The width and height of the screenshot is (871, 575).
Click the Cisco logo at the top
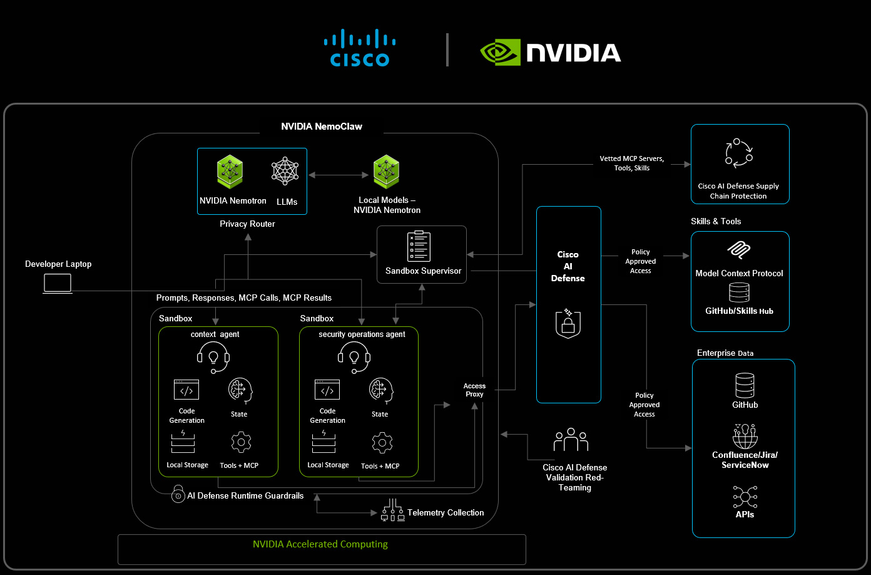pos(360,48)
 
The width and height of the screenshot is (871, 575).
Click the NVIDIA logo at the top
pos(551,53)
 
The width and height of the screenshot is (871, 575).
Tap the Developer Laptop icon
pos(58,284)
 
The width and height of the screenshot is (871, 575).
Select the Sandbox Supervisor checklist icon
pos(419,246)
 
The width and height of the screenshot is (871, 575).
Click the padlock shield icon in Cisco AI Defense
pos(568,323)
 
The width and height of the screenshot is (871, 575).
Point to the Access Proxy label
pos(474,390)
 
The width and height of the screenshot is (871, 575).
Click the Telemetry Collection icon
pos(392,510)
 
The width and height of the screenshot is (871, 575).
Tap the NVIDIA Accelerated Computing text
pos(320,544)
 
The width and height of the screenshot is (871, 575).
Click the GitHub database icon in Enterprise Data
pos(745,386)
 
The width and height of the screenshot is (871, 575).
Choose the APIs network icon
pos(745,497)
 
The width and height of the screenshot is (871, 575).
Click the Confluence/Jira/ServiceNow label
pos(745,460)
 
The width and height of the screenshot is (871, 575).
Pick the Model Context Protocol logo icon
pos(739,251)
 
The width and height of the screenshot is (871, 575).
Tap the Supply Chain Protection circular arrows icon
pos(739,153)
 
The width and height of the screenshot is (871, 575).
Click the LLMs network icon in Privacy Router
pos(285,171)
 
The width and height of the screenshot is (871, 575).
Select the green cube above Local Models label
pos(387,172)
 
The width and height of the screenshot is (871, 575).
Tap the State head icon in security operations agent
pos(380,391)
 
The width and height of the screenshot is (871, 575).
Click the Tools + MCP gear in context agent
pos(241,443)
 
